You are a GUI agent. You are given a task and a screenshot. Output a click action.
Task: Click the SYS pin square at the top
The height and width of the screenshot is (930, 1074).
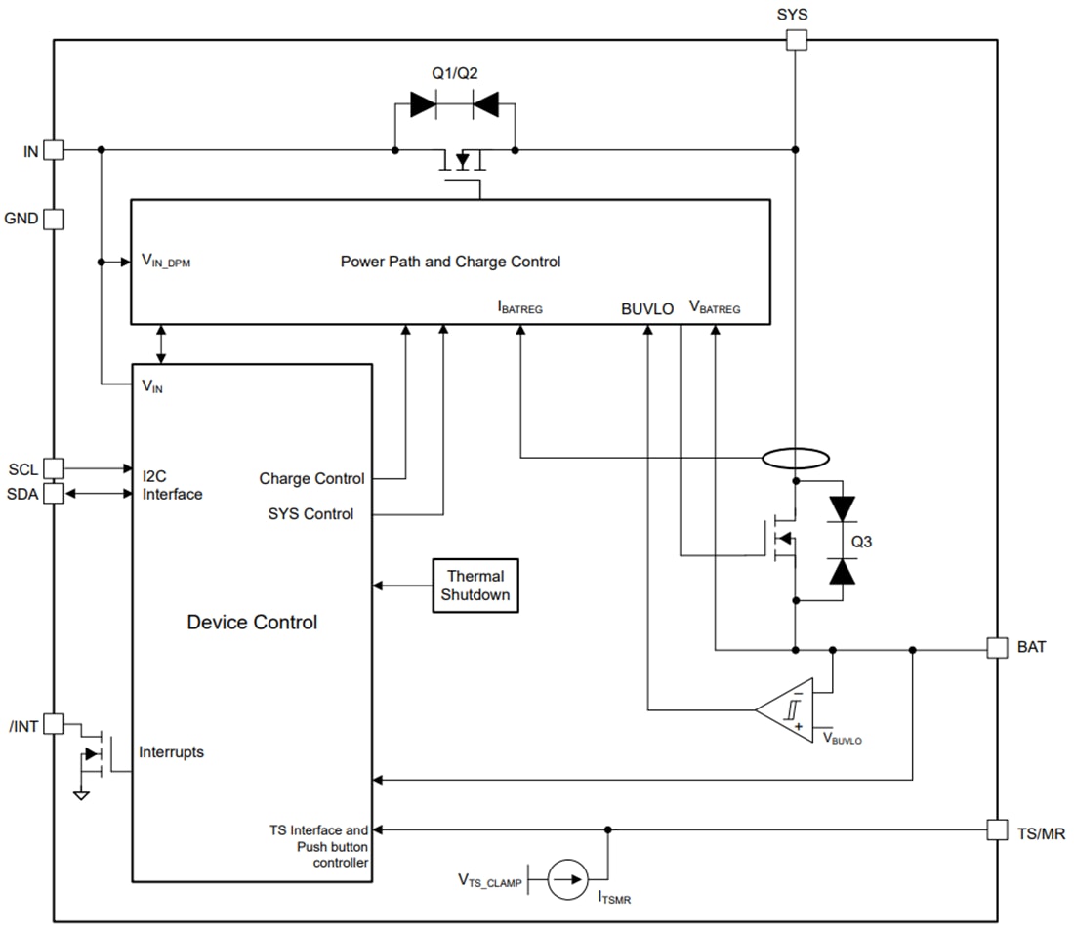pos(796,40)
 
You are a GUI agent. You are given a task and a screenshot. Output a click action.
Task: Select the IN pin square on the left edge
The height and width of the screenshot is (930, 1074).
pos(54,150)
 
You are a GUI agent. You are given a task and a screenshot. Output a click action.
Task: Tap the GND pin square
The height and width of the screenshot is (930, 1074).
pos(54,219)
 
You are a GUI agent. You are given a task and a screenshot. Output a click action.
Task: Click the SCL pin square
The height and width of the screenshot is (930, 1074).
pos(54,469)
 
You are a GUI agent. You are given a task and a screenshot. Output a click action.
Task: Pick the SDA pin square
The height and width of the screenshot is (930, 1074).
pos(54,494)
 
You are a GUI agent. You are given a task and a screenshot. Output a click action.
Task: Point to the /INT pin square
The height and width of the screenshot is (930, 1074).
pos(54,724)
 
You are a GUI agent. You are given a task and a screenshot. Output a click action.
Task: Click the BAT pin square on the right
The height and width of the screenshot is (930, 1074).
pos(997,648)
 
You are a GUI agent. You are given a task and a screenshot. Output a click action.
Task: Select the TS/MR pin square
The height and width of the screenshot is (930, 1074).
pos(997,829)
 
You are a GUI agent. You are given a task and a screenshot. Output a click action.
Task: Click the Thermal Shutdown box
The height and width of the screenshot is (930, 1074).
pos(475,586)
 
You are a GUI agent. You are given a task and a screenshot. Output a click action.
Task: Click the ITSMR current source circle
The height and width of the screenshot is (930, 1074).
pos(567,880)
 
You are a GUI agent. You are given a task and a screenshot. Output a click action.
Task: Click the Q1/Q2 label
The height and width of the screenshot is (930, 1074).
pos(454,73)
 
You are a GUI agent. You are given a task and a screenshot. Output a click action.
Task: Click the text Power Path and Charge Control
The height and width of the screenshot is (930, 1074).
pos(450,262)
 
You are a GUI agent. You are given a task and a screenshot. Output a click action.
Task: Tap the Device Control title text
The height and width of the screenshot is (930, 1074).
pos(252,623)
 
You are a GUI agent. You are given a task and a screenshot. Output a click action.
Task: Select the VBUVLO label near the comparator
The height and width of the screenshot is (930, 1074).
pos(842,740)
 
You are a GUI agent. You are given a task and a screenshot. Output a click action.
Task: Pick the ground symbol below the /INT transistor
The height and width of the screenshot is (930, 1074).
pos(82,795)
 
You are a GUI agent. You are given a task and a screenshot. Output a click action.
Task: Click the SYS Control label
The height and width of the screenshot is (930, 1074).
pos(310,513)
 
